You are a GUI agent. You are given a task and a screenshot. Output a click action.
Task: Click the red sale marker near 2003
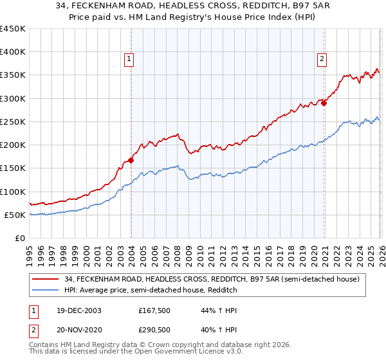coord(131,161)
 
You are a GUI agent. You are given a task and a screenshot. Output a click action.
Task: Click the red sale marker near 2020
coord(324,103)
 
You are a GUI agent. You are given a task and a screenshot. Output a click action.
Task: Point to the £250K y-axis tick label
coord(12,122)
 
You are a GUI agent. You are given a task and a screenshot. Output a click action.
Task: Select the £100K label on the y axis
coord(12,192)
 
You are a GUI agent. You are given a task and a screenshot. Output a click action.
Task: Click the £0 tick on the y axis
coord(19,238)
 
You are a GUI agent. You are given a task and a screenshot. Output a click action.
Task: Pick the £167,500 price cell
coord(154,310)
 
